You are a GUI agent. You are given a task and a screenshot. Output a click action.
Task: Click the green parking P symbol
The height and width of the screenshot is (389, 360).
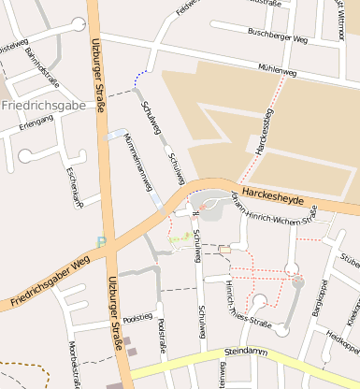tap(101, 243)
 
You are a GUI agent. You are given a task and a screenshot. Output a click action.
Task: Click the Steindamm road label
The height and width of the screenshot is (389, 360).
tap(247, 353)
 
